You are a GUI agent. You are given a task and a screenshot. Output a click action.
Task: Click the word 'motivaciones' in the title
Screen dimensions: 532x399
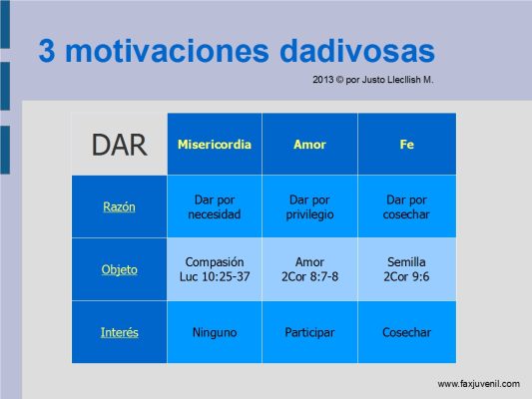pyautogui.click(x=167, y=51)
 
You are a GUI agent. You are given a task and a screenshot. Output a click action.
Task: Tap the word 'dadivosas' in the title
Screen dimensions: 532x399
pyautogui.click(x=357, y=51)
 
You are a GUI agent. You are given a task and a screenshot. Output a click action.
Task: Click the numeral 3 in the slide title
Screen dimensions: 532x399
pyautogui.click(x=47, y=51)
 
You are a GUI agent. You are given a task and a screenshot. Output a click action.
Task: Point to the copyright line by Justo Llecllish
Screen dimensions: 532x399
pyautogui.click(x=373, y=80)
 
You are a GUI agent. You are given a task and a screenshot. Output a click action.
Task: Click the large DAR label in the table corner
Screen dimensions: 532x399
pyautogui.click(x=120, y=145)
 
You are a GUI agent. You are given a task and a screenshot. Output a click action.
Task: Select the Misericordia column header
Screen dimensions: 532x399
pyautogui.click(x=215, y=145)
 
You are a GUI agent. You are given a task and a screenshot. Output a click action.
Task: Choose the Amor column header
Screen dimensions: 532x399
pyautogui.click(x=309, y=145)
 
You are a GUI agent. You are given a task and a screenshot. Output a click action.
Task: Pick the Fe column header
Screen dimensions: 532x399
pyautogui.click(x=407, y=145)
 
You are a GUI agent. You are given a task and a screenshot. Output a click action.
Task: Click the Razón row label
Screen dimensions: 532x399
pyautogui.click(x=119, y=206)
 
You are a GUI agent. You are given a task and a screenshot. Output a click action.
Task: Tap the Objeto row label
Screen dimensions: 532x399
pyautogui.click(x=120, y=270)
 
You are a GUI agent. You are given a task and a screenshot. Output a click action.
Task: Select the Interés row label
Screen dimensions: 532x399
pyautogui.click(x=120, y=332)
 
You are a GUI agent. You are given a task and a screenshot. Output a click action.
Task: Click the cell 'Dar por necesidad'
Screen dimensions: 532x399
pyautogui.click(x=215, y=206)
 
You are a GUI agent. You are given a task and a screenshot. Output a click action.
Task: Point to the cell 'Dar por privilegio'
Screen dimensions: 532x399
pyautogui.click(x=309, y=206)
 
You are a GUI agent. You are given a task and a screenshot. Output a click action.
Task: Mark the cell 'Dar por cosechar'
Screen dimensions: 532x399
pyautogui.click(x=406, y=206)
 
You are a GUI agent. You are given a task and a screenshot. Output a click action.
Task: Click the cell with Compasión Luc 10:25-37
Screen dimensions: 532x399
pyautogui.click(x=215, y=269)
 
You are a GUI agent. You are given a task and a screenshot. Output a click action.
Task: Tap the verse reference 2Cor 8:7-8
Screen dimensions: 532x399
pyautogui.click(x=309, y=276)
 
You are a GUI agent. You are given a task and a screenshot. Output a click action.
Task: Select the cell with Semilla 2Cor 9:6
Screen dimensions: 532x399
pyautogui.click(x=406, y=269)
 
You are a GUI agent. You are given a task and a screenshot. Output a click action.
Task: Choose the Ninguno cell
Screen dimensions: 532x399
pyautogui.click(x=215, y=332)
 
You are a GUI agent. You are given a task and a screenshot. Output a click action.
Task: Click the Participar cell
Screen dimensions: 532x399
pyautogui.click(x=309, y=332)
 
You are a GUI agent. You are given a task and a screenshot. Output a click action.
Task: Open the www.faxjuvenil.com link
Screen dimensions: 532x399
pyautogui.click(x=479, y=384)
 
